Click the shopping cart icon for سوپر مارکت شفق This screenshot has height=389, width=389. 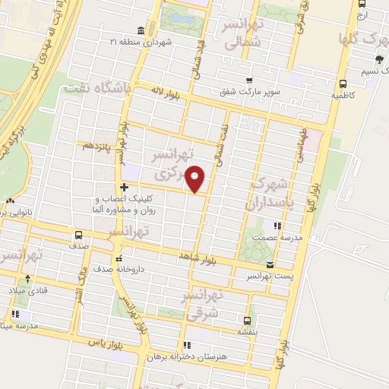pos(248,80)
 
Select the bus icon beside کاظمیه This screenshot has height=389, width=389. pos(343,84)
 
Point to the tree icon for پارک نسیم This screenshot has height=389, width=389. pos(377,59)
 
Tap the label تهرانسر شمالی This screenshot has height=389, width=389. pos(242,36)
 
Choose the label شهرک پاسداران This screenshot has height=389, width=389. pos(268,193)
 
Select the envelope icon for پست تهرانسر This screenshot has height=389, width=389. pos(270,264)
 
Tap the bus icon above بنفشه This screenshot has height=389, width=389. pos(247,320)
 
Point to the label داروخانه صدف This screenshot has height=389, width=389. pos(118,269)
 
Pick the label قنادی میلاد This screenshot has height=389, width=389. pos(27,290)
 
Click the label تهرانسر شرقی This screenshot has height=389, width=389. pos(202,303)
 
